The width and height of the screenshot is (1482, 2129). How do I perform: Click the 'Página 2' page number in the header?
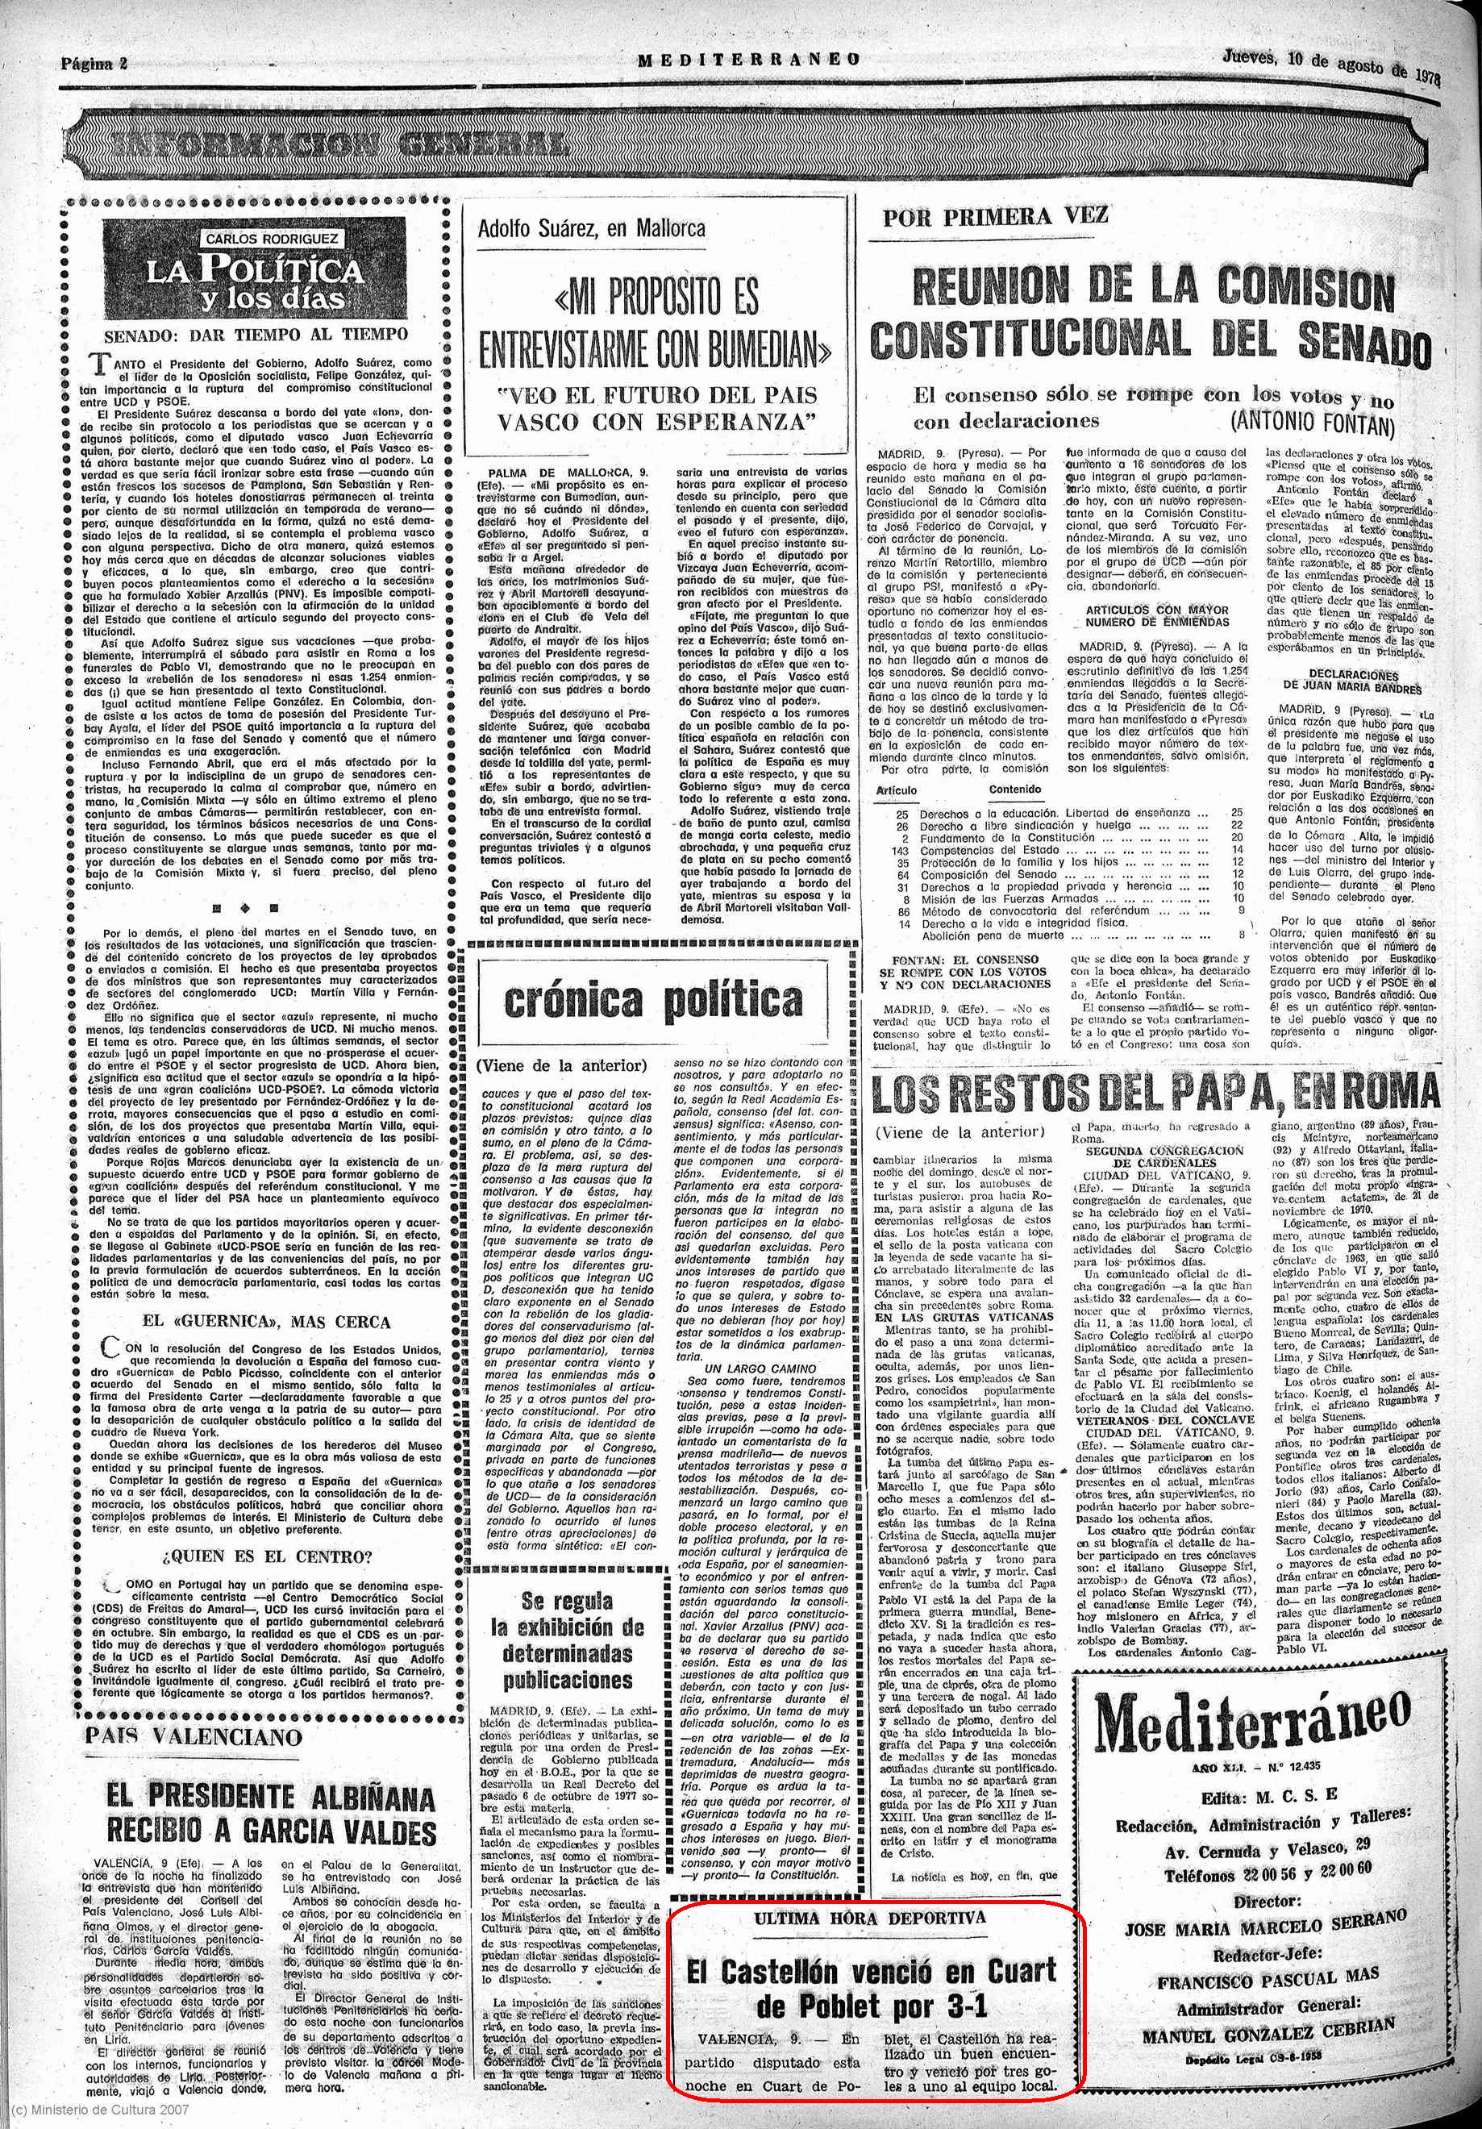94,64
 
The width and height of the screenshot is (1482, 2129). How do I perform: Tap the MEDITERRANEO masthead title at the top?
748,60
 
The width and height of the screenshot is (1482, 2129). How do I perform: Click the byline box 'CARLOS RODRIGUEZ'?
258,239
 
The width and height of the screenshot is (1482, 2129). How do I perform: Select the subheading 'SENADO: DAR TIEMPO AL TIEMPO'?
256,335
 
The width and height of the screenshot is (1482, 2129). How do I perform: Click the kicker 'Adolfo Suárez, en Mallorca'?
591,228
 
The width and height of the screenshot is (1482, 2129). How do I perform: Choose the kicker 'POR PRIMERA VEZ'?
994,218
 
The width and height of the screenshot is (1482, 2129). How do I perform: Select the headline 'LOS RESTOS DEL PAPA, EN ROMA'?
1155,1094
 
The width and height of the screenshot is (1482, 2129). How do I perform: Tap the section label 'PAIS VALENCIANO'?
194,1737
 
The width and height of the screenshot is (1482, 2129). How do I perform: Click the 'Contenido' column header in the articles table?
1014,790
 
